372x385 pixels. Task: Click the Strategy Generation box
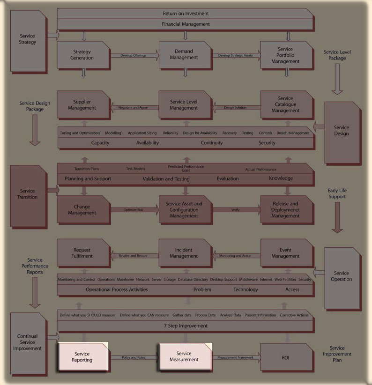[x=82, y=55]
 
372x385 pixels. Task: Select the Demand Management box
[x=184, y=55]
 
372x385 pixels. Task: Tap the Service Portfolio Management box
[x=285, y=55]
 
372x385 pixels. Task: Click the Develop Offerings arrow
[x=134, y=56]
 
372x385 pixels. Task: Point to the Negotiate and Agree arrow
[x=134, y=108]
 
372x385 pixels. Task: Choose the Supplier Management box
[x=82, y=105]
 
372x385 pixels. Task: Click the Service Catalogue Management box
[x=285, y=104]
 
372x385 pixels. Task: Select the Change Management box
[x=82, y=209]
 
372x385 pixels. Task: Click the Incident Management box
[x=184, y=253]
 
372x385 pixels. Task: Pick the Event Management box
[x=285, y=253]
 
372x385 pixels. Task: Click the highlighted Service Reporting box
[x=82, y=357]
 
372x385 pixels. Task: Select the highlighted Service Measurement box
[x=184, y=356]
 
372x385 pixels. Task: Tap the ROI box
[x=285, y=357]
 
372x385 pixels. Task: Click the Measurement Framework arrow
[x=236, y=358]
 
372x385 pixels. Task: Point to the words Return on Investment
[x=186, y=14]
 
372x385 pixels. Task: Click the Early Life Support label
[x=337, y=193]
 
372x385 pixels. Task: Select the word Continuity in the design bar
[x=212, y=143]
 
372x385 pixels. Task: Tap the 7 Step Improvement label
[x=186, y=326]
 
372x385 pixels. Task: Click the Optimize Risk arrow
[x=134, y=210]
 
